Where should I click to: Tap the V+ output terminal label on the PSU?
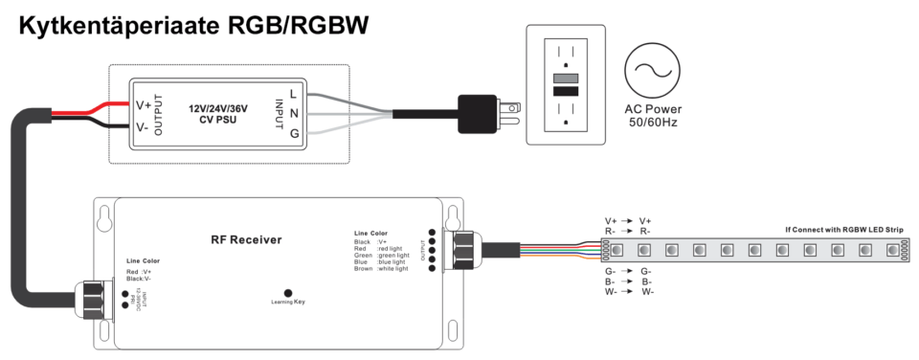point(144,105)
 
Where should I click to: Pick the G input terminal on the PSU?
point(294,133)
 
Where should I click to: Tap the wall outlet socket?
point(566,87)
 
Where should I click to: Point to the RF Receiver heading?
point(246,239)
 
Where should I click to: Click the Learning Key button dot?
point(287,293)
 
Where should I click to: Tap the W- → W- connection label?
point(628,292)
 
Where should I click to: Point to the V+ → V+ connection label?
point(628,221)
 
